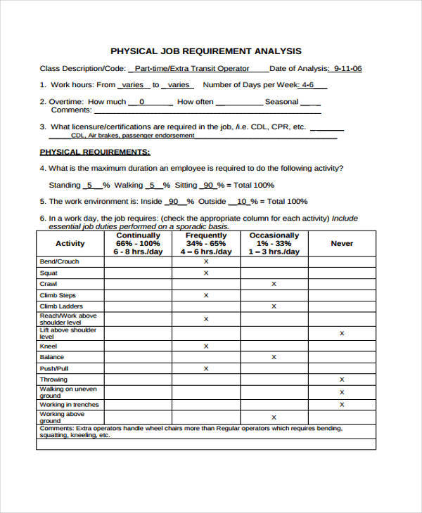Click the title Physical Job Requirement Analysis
206,51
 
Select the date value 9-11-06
347,69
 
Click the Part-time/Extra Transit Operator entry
191,69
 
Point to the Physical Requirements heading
94,152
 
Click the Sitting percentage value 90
207,186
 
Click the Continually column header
138,243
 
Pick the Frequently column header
205,243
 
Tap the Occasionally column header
274,243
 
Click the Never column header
342,243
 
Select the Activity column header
70,244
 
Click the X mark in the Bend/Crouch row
206,261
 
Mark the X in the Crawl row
274,284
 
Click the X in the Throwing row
342,379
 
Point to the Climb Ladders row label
61,306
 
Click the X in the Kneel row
206,346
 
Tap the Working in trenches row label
69,405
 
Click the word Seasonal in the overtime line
281,102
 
